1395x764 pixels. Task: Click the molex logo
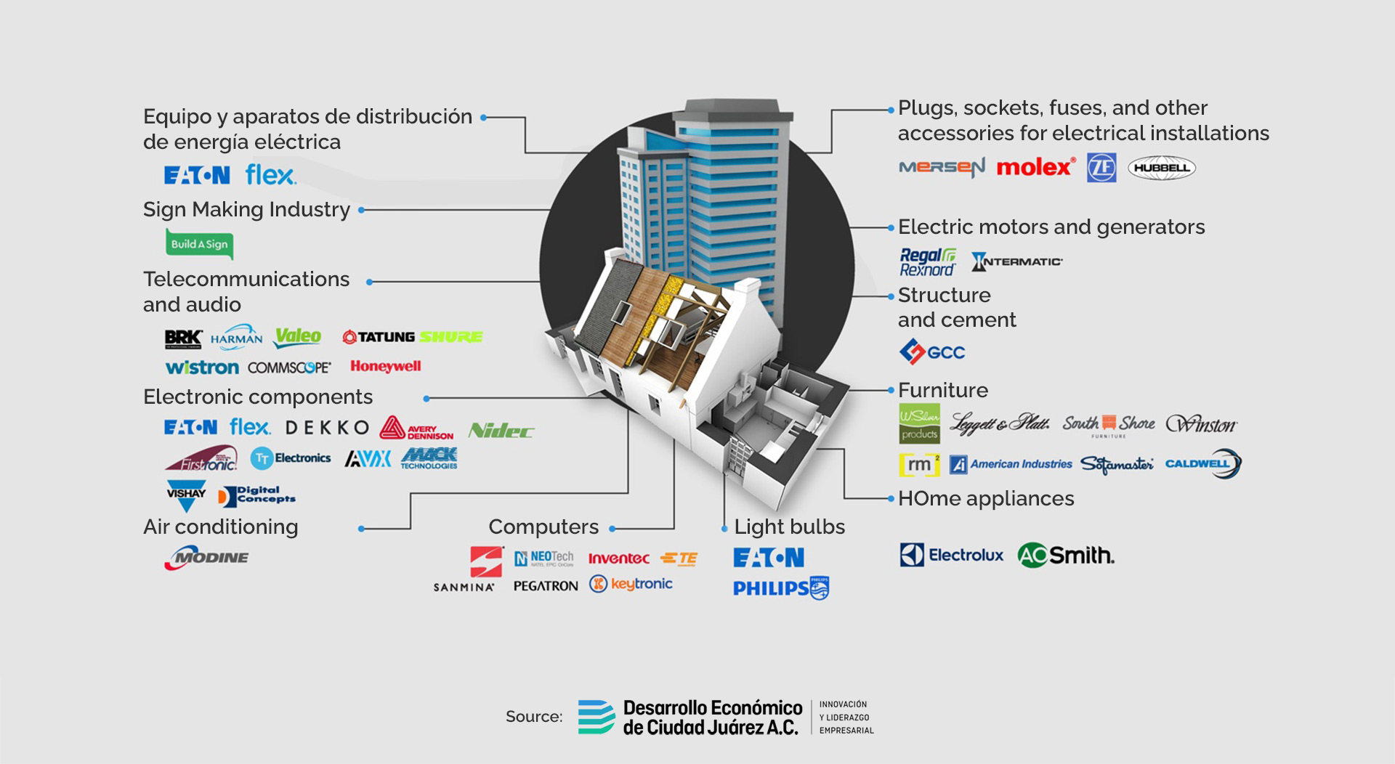(x=1035, y=168)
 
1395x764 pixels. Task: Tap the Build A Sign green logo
(x=199, y=244)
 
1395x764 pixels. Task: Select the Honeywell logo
(x=385, y=366)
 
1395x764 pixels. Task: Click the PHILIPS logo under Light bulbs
(x=780, y=588)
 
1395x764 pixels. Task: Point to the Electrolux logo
(x=951, y=556)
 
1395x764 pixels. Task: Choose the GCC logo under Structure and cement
(x=932, y=352)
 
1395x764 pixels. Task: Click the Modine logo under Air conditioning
(x=207, y=558)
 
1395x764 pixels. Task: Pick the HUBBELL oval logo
(x=1161, y=168)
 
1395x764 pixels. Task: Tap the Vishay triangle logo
(x=186, y=495)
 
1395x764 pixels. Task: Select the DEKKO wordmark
(x=327, y=428)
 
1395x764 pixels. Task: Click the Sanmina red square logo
(x=486, y=561)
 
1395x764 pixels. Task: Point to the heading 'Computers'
(x=543, y=527)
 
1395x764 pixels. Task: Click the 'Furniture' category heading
(x=942, y=390)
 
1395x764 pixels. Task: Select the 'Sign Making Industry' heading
(x=246, y=209)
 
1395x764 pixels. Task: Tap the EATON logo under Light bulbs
(x=769, y=558)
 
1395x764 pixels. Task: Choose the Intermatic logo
(x=1017, y=261)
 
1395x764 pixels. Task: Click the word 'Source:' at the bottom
(x=534, y=717)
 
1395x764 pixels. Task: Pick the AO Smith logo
(x=1066, y=556)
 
